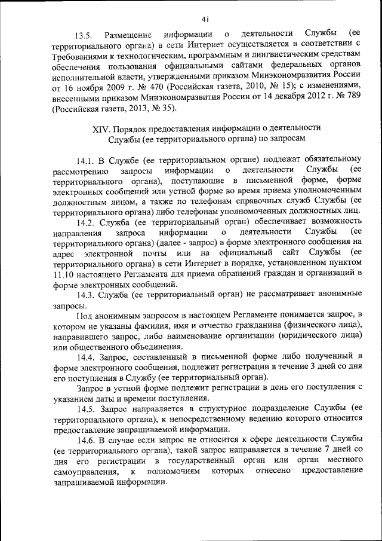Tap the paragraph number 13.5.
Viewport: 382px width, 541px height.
85,31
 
